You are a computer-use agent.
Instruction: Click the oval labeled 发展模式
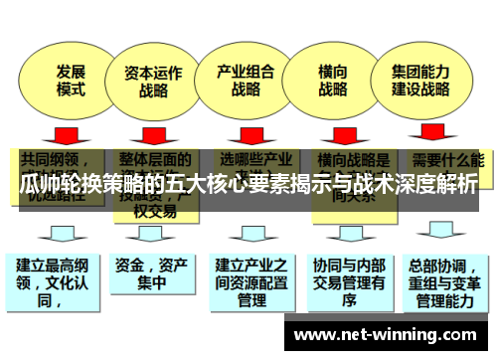click(x=69, y=81)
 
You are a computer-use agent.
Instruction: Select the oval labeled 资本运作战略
click(x=152, y=81)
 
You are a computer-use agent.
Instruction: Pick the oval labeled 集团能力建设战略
click(x=420, y=81)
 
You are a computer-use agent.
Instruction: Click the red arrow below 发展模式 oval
click(x=67, y=133)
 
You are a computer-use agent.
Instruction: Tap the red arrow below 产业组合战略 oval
click(x=243, y=133)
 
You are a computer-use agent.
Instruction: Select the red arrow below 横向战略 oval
click(x=334, y=133)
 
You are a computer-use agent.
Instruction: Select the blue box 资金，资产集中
click(x=149, y=272)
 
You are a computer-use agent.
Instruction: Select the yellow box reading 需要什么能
click(x=446, y=159)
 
